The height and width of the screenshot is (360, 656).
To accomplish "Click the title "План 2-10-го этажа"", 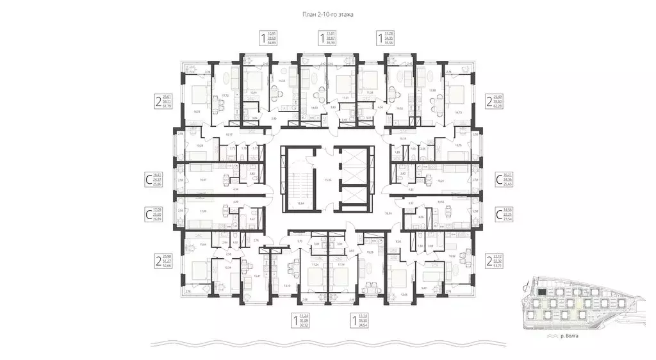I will click(327, 13).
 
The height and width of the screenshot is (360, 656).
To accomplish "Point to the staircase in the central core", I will click(300, 179).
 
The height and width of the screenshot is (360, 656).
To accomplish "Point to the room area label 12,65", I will click(404, 295).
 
